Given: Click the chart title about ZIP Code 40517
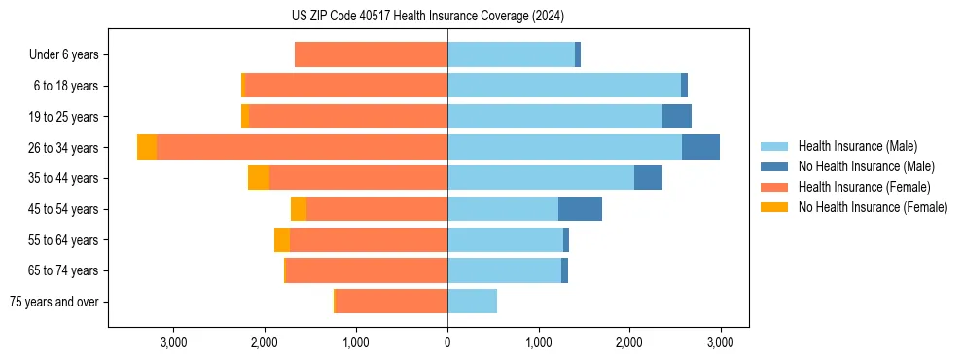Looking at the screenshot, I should (x=427, y=17).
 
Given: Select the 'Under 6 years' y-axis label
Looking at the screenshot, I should (x=63, y=55).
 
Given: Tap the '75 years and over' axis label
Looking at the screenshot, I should (x=54, y=302).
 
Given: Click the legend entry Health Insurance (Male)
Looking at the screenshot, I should (x=857, y=146).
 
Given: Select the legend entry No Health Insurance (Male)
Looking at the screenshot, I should (x=866, y=166).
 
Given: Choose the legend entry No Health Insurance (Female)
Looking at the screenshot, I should (x=873, y=207).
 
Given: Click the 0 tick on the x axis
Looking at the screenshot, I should (x=447, y=342).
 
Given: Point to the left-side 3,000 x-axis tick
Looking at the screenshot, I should (x=173, y=342).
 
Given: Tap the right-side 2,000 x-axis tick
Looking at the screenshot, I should (x=629, y=342).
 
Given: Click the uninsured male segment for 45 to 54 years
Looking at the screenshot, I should (x=580, y=209).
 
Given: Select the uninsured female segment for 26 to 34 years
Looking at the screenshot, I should (x=147, y=148).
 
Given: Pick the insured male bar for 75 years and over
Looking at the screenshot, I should (x=472, y=302).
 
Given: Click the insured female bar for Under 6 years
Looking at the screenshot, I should (x=371, y=55).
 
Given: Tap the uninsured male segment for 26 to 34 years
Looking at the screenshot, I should (x=700, y=148).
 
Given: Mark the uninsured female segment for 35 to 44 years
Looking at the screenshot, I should (x=259, y=178).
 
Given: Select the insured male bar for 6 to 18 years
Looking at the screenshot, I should (x=564, y=86).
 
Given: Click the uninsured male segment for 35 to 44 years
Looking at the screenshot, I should (x=648, y=178).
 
